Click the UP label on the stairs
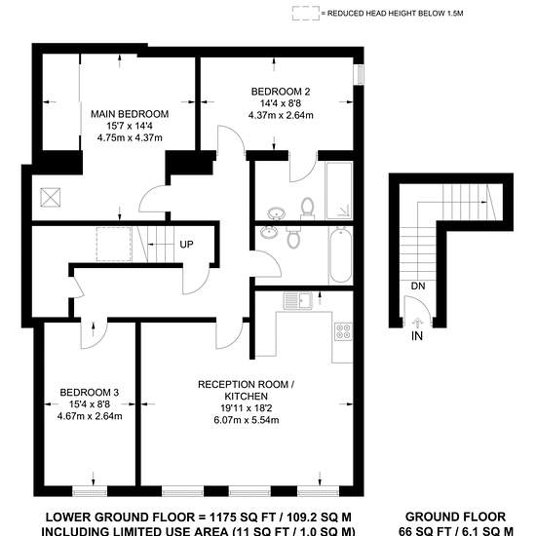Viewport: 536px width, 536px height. pyautogui.click(x=186, y=245)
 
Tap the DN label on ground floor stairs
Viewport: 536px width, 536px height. pyautogui.click(x=418, y=286)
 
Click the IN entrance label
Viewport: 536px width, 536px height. pyautogui.click(x=417, y=336)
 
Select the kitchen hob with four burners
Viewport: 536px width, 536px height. pyautogui.click(x=343, y=331)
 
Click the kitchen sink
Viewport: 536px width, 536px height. pyautogui.click(x=298, y=301)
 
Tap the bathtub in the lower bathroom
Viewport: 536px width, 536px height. pyautogui.click(x=341, y=255)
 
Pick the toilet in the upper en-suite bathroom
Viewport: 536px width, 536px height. pyautogui.click(x=308, y=209)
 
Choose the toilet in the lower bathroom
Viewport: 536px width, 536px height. pyautogui.click(x=293, y=237)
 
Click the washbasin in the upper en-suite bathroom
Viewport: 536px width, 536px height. pyautogui.click(x=277, y=213)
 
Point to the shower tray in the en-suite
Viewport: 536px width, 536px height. pyautogui.click(x=339, y=190)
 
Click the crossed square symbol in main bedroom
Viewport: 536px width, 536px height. pyautogui.click(x=51, y=198)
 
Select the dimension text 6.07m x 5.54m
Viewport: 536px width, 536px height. pyautogui.click(x=247, y=420)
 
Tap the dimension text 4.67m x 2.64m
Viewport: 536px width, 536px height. pyautogui.click(x=90, y=416)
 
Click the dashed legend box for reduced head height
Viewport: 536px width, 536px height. pyautogui.click(x=306, y=14)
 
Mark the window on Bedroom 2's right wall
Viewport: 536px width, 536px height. pyautogui.click(x=359, y=75)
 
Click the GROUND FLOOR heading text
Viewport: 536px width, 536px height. pyautogui.click(x=455, y=517)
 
